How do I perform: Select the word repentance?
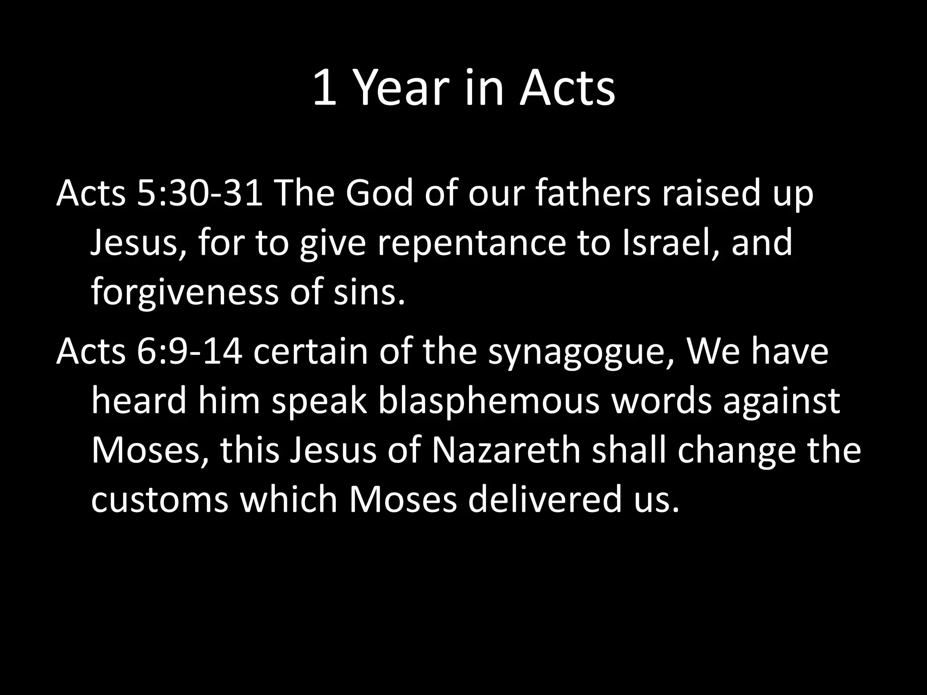471,243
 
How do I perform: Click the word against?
781,402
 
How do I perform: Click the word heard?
139,402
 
